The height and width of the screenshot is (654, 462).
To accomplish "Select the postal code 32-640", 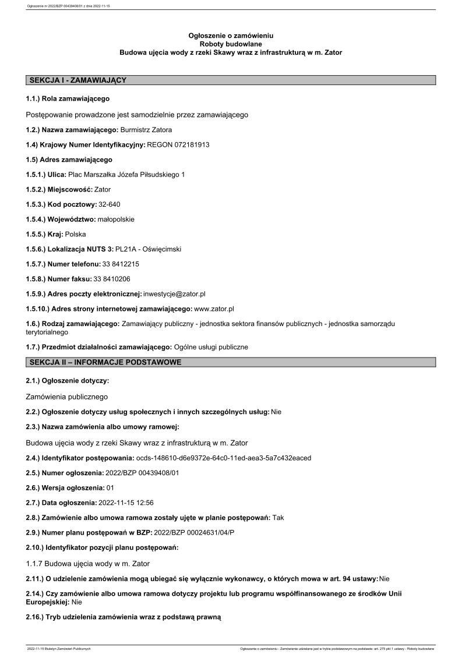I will (x=110, y=204).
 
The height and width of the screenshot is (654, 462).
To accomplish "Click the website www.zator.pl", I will (x=213, y=309).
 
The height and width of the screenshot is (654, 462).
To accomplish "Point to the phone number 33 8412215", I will (x=120, y=264).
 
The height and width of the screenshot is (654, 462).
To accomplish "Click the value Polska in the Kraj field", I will (x=76, y=234).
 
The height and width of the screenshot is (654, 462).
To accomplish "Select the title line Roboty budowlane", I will (x=231, y=44).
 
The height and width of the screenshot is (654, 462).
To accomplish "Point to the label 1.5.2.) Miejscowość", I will (x=59, y=189).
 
